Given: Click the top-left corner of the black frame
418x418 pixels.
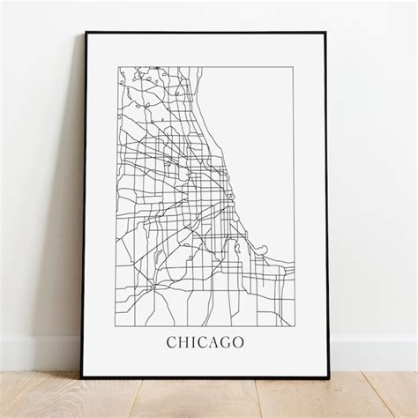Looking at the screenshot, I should (86, 33).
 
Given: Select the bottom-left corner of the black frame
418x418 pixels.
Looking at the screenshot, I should (84, 377).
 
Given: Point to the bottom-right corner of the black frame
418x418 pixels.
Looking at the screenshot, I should (329, 377).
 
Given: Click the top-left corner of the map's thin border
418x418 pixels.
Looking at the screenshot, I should (118, 63).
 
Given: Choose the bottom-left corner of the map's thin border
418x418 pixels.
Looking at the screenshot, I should (118, 323).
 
